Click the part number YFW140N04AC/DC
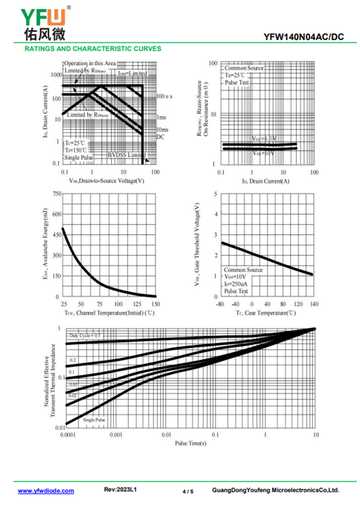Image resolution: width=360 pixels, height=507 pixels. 304,37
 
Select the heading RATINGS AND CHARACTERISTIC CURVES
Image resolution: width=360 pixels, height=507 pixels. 93,49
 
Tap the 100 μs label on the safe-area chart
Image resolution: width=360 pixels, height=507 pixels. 165,96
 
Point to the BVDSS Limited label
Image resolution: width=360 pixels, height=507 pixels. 126,155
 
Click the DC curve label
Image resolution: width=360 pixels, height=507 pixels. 161,136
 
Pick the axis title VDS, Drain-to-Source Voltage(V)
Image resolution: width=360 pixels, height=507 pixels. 107,181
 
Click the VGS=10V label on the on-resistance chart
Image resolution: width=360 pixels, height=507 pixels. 263,153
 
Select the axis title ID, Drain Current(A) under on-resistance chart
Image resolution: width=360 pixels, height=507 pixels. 265,181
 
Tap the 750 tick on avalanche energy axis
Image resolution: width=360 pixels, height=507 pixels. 56,194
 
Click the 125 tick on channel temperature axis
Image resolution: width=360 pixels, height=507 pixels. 137,305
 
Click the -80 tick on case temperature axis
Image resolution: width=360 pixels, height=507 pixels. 220,305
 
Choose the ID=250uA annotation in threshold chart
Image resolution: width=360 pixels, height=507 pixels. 236,284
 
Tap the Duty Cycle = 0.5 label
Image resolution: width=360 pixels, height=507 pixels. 85,336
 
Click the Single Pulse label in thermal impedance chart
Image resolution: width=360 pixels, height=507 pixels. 94,420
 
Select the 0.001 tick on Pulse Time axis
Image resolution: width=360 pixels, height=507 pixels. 116,435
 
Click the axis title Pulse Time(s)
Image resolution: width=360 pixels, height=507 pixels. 191,443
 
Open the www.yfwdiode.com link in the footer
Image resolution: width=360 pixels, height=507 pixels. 46,491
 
